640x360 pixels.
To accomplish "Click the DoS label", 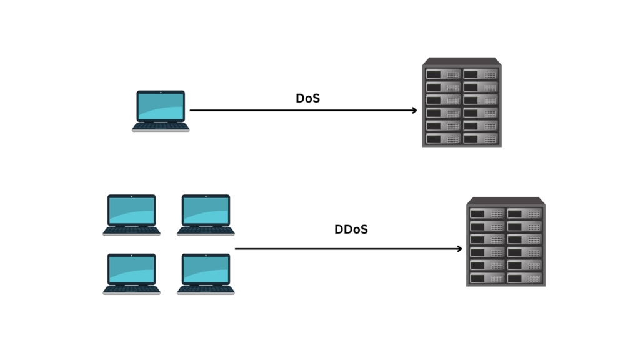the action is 307,98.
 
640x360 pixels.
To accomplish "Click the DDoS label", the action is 351,229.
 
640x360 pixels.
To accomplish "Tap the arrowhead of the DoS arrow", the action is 415,110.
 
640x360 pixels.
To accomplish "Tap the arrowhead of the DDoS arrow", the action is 459,249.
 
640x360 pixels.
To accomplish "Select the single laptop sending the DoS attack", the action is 161,111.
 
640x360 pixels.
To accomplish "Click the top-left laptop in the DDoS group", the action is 131,215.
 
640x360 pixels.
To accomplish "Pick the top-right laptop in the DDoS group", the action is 206,215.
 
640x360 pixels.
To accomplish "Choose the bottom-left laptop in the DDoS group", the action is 131,274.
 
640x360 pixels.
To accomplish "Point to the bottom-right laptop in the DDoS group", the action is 206,274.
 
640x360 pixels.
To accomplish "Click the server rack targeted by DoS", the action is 462,102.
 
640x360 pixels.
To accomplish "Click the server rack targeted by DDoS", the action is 506,242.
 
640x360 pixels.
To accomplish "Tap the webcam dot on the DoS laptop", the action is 161,92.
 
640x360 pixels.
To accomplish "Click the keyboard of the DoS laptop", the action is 161,126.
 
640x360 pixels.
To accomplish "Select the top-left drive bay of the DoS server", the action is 443,74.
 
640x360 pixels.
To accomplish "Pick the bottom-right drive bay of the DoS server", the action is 481,139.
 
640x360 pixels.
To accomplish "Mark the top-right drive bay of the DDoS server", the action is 525,214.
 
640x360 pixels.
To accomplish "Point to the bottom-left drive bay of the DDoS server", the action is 487,278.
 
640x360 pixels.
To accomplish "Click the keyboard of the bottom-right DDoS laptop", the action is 206,289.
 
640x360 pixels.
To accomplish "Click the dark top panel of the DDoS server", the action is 506,201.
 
